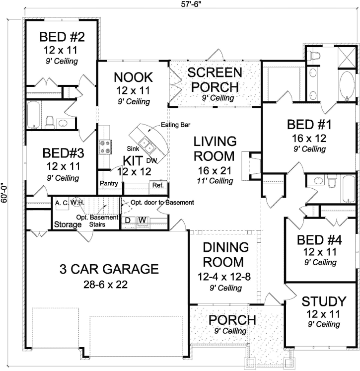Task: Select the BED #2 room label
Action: coord(63,37)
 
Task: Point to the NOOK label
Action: coord(133,77)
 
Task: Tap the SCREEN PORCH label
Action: coord(215,79)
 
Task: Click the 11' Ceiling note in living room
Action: coord(214,181)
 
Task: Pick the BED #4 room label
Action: coord(320,240)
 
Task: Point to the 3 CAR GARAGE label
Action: coord(109,269)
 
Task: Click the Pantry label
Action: coord(108,183)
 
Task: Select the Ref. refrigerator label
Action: coord(158,185)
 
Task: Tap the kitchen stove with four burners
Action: coord(106,147)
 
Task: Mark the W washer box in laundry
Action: coord(142,220)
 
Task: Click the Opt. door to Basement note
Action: coord(162,203)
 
